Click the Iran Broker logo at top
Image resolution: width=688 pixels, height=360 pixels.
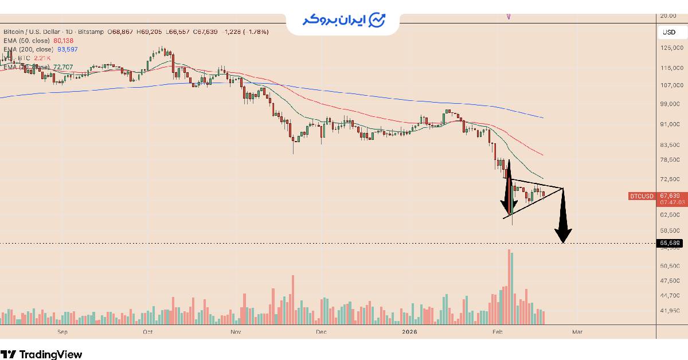(x=344, y=20)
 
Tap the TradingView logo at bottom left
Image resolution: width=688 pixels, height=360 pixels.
(x=41, y=354)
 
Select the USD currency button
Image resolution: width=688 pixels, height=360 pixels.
(x=669, y=32)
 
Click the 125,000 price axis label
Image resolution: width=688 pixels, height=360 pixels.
(x=671, y=48)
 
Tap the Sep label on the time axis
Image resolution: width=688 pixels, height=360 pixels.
(x=62, y=331)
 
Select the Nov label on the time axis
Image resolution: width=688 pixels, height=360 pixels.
(x=235, y=331)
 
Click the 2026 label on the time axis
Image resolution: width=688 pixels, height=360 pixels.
(x=409, y=331)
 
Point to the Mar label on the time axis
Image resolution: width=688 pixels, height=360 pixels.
(x=577, y=331)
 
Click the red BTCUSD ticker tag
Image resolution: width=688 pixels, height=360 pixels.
(x=642, y=196)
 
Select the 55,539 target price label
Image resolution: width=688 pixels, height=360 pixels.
(x=670, y=244)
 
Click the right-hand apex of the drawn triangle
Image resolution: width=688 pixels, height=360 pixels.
(x=564, y=188)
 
